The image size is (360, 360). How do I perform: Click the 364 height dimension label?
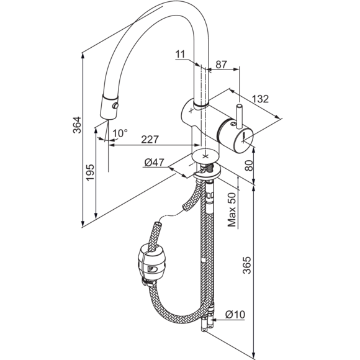click(x=77, y=125)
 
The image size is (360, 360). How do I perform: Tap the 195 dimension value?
click(x=90, y=173)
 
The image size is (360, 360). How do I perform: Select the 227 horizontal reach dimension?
click(x=150, y=140)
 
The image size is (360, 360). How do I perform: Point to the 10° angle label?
click(x=120, y=133)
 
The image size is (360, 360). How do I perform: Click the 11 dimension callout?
click(x=180, y=55)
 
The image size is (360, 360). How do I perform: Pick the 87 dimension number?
click(x=222, y=65)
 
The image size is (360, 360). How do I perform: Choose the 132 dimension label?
click(x=260, y=99)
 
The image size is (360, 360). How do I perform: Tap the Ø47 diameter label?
click(x=154, y=163)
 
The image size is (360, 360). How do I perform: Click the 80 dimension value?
click(x=249, y=166)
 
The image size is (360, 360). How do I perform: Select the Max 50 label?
click(x=232, y=210)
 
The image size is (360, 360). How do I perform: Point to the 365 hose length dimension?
click(x=247, y=265)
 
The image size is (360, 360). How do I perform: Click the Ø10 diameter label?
click(x=235, y=314)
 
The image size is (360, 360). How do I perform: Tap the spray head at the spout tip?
click(x=109, y=107)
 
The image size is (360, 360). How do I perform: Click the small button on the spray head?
click(x=115, y=106)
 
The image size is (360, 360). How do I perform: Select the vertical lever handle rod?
click(x=239, y=117)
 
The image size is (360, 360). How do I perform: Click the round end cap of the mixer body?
click(x=243, y=140)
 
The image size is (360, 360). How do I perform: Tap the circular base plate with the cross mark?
click(x=205, y=156)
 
